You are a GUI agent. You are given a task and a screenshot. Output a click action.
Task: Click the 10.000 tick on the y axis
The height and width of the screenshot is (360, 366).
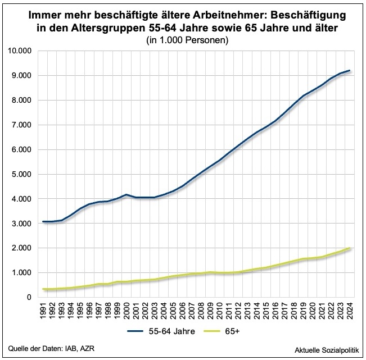pyautogui.click(x=22, y=51)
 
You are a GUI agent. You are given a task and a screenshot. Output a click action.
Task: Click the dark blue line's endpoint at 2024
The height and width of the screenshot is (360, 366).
pyautogui.click(x=350, y=71)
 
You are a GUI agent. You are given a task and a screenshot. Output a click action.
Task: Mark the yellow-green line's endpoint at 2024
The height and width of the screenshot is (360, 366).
pyautogui.click(x=350, y=248)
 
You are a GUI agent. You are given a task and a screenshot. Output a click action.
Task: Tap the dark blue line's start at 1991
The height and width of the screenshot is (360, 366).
pyautogui.click(x=44, y=222)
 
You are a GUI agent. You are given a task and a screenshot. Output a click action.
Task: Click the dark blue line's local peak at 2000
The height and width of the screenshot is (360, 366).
pyautogui.click(x=127, y=194)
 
